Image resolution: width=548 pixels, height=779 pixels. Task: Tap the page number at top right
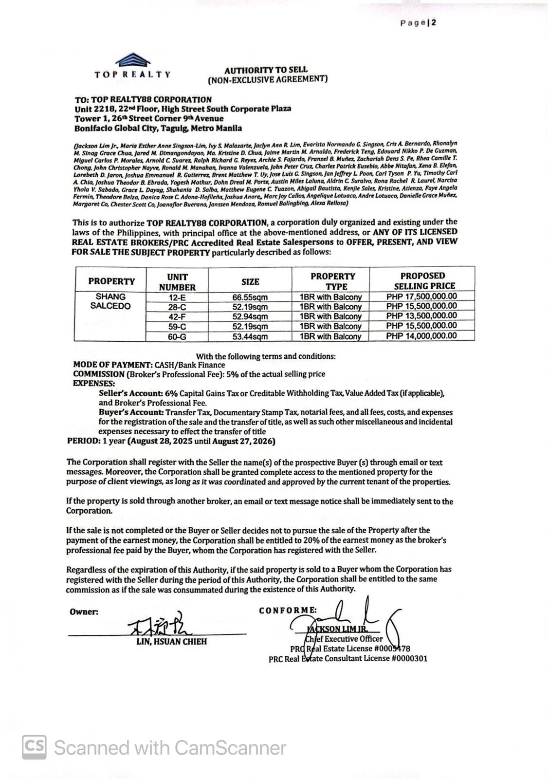pyautogui.click(x=418, y=22)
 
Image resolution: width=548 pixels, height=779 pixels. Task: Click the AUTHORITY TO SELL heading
pyautogui.click(x=266, y=70)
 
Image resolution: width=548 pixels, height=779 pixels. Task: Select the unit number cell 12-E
pyautogui.click(x=177, y=297)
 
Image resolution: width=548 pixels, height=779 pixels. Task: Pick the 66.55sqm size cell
pyautogui.click(x=250, y=297)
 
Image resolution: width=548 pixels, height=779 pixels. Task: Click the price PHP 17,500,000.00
pyautogui.click(x=421, y=296)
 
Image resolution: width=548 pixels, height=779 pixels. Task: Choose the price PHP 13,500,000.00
pyautogui.click(x=421, y=316)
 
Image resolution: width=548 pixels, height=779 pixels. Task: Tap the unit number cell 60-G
pyautogui.click(x=177, y=336)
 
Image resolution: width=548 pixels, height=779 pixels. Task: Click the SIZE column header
pyautogui.click(x=250, y=281)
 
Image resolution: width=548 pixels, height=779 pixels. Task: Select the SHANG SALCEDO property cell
pyautogui.click(x=110, y=301)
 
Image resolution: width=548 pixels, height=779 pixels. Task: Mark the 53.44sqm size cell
pyautogui.click(x=250, y=336)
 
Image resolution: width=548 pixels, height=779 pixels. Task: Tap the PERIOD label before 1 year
pyautogui.click(x=83, y=442)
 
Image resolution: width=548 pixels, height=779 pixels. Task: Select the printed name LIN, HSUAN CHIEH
pyautogui.click(x=171, y=642)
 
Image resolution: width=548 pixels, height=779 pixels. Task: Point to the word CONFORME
pyautogui.click(x=288, y=611)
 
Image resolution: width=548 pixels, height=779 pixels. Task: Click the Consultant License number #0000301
pyautogui.click(x=409, y=659)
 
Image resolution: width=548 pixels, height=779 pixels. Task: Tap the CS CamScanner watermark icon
pyautogui.click(x=35, y=747)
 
